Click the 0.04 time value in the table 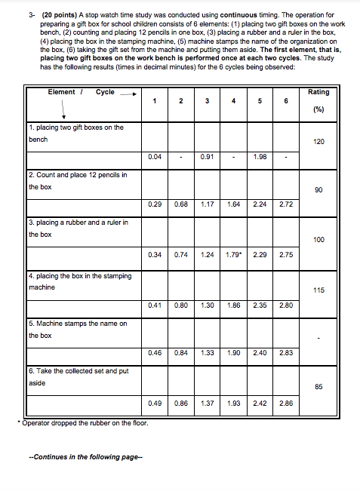[155, 157]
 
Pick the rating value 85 [318, 386]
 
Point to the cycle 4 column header [234, 102]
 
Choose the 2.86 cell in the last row [285, 404]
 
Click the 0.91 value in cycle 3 [207, 157]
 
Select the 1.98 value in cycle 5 [260, 157]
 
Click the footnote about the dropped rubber [85, 422]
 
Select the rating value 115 [318, 288]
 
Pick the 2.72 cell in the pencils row [285, 204]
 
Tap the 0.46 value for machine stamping [155, 351]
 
